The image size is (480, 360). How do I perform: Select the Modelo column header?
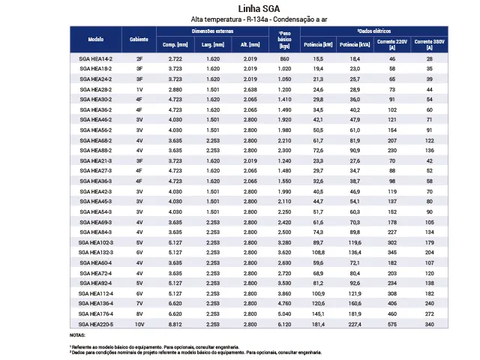click(x=95, y=38)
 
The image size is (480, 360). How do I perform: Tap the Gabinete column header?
click(x=139, y=38)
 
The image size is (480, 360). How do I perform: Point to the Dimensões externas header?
click(x=212, y=32)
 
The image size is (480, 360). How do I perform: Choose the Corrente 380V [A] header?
click(x=430, y=44)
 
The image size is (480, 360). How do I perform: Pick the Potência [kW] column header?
click(x=318, y=45)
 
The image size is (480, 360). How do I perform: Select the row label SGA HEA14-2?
click(x=95, y=58)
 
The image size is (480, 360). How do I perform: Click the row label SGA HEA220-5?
click(x=95, y=325)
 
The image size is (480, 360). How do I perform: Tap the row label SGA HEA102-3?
click(x=95, y=242)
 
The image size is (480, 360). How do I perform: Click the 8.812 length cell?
click(x=175, y=325)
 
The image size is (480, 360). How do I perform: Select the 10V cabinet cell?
click(x=139, y=325)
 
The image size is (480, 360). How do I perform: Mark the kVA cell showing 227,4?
click(x=355, y=325)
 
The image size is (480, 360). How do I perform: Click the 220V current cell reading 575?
click(x=392, y=325)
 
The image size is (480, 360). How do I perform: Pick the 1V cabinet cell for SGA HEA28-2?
click(x=139, y=88)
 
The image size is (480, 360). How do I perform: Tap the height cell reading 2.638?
click(x=250, y=88)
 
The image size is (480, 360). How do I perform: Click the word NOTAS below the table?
click(x=77, y=335)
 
